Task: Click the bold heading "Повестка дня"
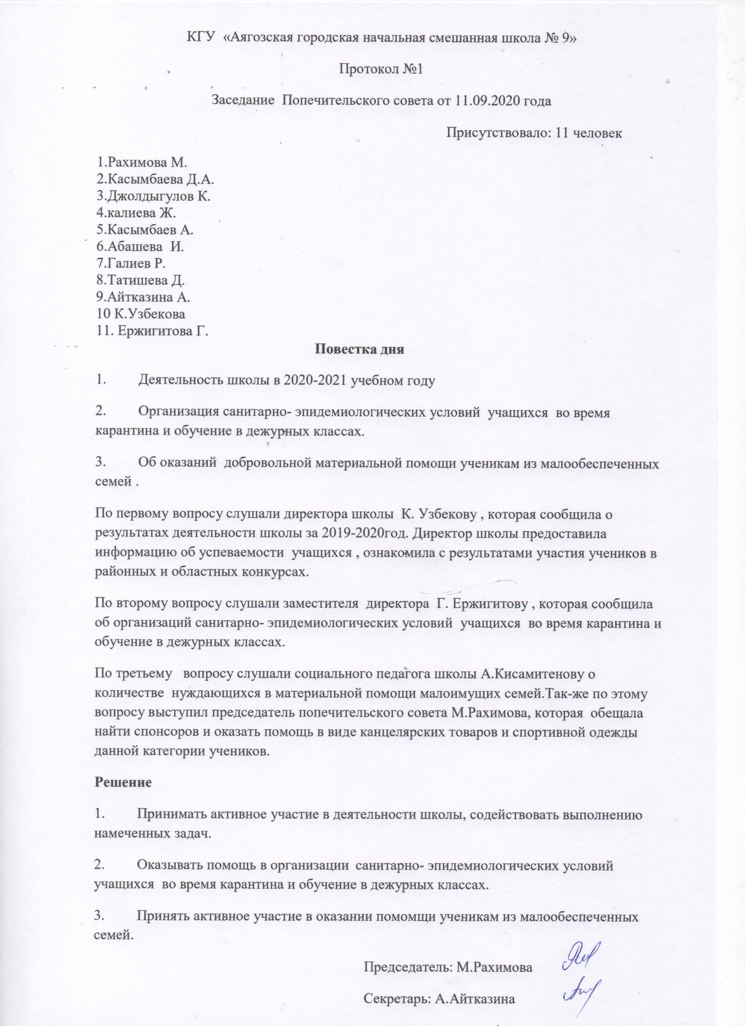pyautogui.click(x=358, y=349)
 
